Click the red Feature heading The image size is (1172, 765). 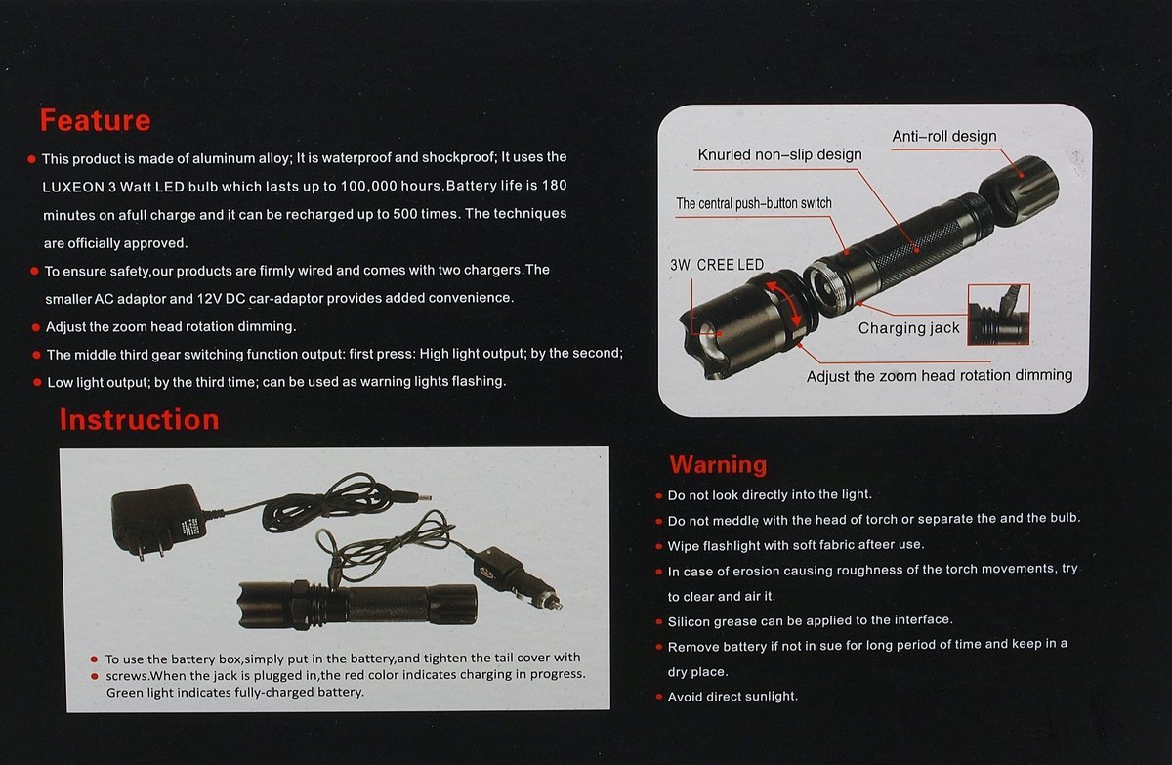(x=96, y=120)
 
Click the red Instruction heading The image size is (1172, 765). (x=139, y=420)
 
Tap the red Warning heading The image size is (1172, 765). (x=718, y=465)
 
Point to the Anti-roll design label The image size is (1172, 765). (x=943, y=136)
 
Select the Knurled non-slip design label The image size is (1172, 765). (x=779, y=155)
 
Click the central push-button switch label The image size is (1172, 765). (x=753, y=203)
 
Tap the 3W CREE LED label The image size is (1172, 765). (x=717, y=265)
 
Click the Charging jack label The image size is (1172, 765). (x=909, y=328)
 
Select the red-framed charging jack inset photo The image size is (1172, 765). (x=998, y=315)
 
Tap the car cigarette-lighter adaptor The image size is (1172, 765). (x=516, y=576)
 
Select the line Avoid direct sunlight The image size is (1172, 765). (x=732, y=697)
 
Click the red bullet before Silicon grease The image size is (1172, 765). (x=658, y=622)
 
